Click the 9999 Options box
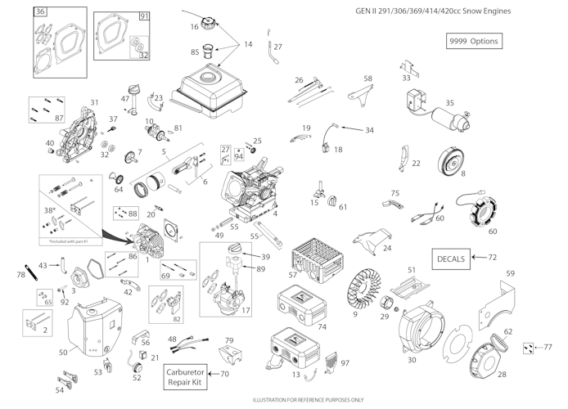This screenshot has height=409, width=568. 472,41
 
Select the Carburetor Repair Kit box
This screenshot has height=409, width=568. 186,377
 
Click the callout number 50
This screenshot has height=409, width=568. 64,352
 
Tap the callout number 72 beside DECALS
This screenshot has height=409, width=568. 492,258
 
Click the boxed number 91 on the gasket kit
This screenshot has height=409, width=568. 145,16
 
